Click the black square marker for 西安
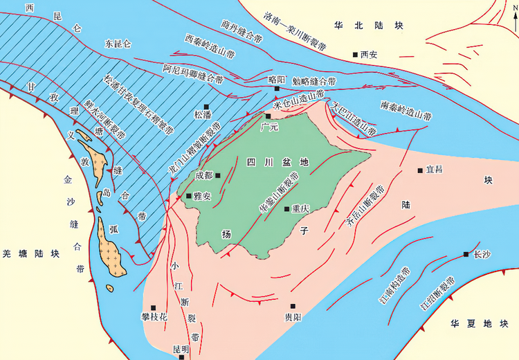click(354, 54)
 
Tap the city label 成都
click(204, 176)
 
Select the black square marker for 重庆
click(288, 208)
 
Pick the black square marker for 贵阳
click(293, 305)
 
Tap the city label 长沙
click(479, 254)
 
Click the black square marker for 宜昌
click(419, 170)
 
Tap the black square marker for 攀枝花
click(154, 307)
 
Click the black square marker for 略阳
click(276, 89)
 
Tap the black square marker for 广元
click(269, 116)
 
